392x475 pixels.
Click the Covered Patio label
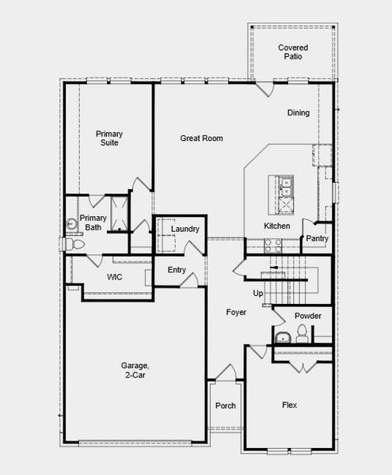tap(292, 52)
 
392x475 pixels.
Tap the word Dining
tap(299, 112)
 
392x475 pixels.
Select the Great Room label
tap(201, 139)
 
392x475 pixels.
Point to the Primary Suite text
tap(109, 138)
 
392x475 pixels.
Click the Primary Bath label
tap(93, 222)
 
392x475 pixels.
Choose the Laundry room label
tap(185, 230)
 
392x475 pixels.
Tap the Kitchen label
tap(276, 226)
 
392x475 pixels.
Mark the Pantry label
tap(317, 238)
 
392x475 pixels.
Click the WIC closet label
tap(116, 277)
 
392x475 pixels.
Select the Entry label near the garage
tap(177, 270)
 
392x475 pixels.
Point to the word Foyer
tap(235, 313)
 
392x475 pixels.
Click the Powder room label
tap(307, 315)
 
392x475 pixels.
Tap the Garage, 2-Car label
tap(135, 370)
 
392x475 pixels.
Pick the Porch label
tap(226, 406)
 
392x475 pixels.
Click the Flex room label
tap(290, 405)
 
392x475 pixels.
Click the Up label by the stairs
tap(257, 293)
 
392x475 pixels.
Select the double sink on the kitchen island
tap(286, 187)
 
